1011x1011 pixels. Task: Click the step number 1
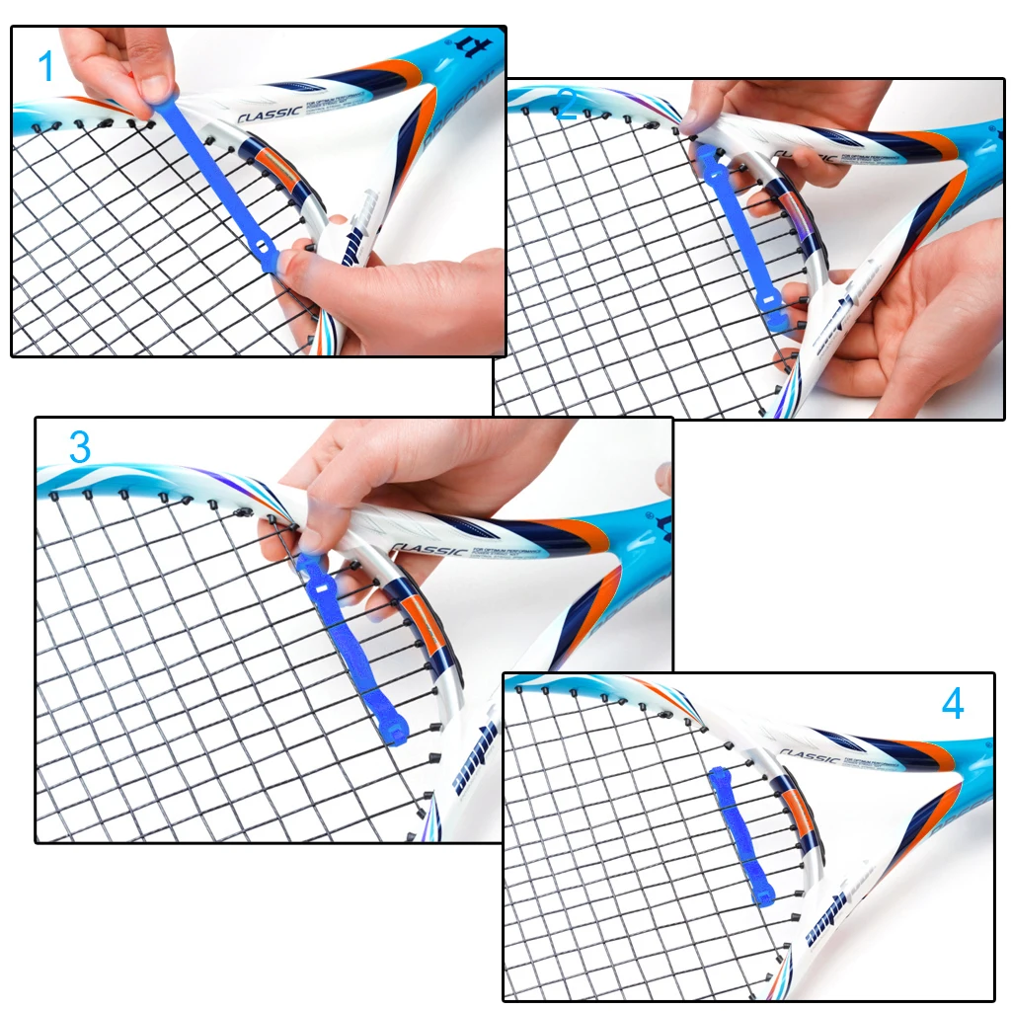[45, 67]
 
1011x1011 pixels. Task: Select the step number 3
[80, 447]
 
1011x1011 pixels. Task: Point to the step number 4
[952, 704]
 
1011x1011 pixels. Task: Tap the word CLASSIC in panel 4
[808, 756]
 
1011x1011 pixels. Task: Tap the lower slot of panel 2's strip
[769, 297]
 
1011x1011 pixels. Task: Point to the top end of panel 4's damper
[718, 774]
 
